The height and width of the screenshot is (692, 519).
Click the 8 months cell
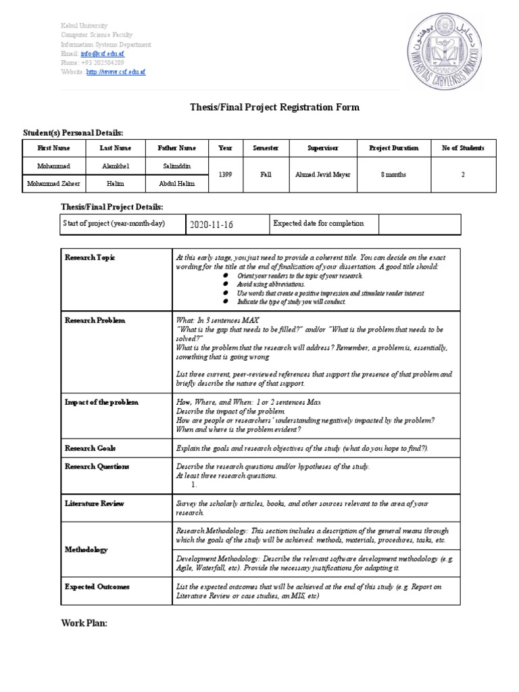click(x=393, y=174)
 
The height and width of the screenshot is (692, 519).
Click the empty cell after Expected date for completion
click(x=420, y=224)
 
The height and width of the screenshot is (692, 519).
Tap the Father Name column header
click(x=177, y=148)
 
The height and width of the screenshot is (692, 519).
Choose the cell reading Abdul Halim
click(x=177, y=183)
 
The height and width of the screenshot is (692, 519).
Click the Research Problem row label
click(x=95, y=320)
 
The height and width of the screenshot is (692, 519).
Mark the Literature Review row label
click(x=94, y=503)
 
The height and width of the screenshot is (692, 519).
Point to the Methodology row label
click(x=86, y=550)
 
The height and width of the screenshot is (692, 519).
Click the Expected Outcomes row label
click(x=97, y=587)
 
